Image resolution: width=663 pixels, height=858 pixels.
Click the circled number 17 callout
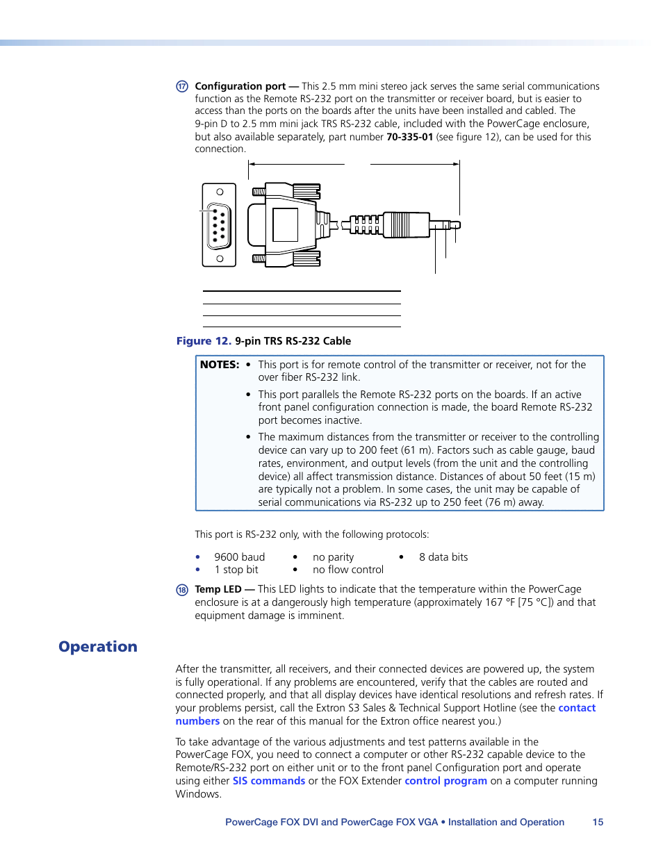pyautogui.click(x=182, y=86)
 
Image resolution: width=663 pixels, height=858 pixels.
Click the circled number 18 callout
pyautogui.click(x=182, y=590)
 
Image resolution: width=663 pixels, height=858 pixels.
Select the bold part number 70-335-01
pyautogui.click(x=409, y=137)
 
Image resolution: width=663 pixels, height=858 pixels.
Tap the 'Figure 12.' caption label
pyautogui.click(x=204, y=341)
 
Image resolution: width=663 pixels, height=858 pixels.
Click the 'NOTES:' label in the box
pyautogui.click(x=220, y=365)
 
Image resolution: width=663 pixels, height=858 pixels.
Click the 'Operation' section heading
pyautogui.click(x=98, y=647)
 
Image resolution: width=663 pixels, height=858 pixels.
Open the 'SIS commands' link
pyautogui.click(x=269, y=781)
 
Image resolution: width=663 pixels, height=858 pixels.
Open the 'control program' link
pyautogui.click(x=445, y=781)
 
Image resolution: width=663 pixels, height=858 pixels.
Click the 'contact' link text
pyautogui.click(x=577, y=708)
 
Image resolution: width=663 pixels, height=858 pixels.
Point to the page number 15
pyautogui.click(x=598, y=822)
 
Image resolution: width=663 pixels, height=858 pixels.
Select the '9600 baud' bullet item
pyautogui.click(x=239, y=557)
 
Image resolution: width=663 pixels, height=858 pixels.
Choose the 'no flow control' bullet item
pyautogui.click(x=347, y=570)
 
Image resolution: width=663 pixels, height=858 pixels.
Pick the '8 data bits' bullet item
pyautogui.click(x=443, y=557)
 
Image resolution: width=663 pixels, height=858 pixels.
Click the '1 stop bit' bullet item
pyautogui.click(x=236, y=570)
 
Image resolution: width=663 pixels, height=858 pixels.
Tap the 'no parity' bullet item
pyautogui.click(x=333, y=557)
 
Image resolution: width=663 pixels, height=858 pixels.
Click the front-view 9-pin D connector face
pyautogui.click(x=219, y=225)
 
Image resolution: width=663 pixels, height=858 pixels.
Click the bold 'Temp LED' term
pyautogui.click(x=218, y=589)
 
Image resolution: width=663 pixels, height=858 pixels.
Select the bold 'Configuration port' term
pyautogui.click(x=240, y=86)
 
